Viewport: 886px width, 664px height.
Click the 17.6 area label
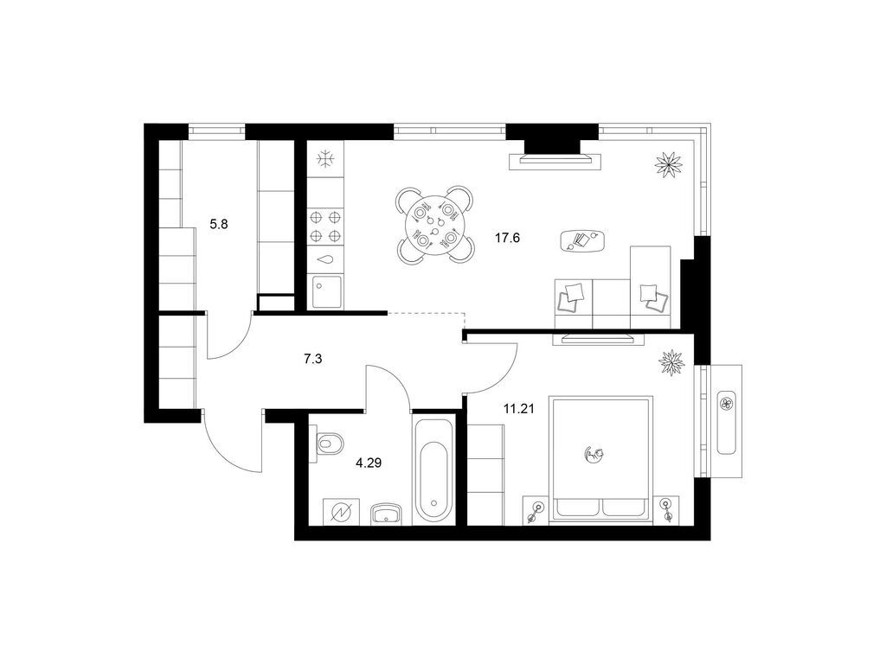507,238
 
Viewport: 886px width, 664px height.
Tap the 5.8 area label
219,224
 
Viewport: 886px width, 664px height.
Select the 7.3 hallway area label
312,358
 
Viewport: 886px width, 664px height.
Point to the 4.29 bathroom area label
369,463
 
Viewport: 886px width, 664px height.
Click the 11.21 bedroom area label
519,409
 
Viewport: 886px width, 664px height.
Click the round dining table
434,226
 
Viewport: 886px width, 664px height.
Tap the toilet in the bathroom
328,444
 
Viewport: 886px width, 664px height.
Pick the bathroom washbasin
386,514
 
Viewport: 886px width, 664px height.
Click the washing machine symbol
341,512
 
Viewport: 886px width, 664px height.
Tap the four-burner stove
325,226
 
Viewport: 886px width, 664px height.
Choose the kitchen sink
325,291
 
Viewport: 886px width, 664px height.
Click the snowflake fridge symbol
325,159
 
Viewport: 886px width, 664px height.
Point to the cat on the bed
594,453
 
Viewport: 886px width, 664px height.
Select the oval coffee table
582,240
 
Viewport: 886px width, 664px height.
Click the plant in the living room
669,163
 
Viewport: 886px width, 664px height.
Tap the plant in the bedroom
671,362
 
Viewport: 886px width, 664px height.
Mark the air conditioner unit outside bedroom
726,421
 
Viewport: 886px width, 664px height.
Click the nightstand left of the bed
536,510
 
